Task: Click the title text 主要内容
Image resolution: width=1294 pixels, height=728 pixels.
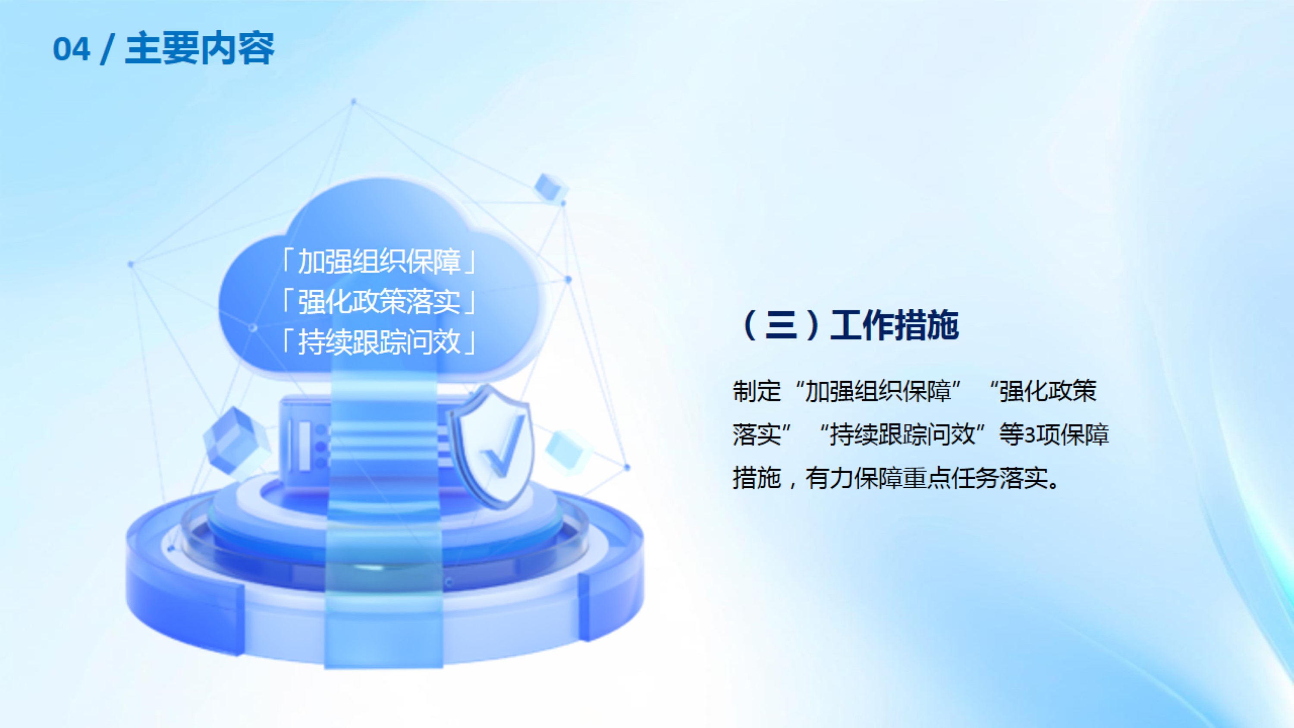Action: click(x=199, y=48)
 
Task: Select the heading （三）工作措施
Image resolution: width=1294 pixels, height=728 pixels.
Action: click(x=849, y=325)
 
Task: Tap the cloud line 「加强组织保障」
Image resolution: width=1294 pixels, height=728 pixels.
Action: click(x=379, y=261)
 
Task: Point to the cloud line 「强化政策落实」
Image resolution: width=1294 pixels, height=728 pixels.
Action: click(x=379, y=301)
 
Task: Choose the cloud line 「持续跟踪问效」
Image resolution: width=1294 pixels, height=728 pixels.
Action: click(x=379, y=342)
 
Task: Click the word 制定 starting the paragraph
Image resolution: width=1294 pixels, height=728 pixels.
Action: click(x=757, y=391)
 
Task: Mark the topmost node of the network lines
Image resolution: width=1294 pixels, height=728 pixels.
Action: click(x=354, y=101)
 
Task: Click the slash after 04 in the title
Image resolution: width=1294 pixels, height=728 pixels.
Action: click(x=107, y=49)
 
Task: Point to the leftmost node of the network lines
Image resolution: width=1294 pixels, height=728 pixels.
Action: click(x=131, y=264)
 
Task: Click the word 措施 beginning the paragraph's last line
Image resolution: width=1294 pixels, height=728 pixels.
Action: click(x=757, y=478)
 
